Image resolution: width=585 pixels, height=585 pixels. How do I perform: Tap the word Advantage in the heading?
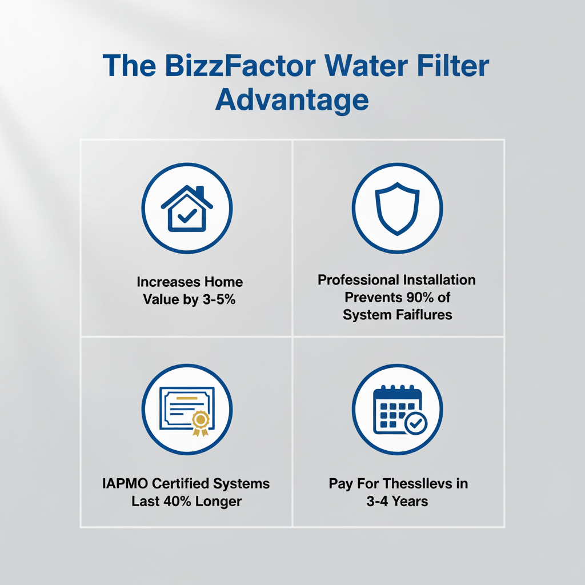[292, 100]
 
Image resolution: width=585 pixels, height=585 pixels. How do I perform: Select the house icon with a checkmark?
[187, 210]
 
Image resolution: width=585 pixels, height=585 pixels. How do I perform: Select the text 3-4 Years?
[397, 501]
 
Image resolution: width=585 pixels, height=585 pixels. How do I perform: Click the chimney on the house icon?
[199, 191]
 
